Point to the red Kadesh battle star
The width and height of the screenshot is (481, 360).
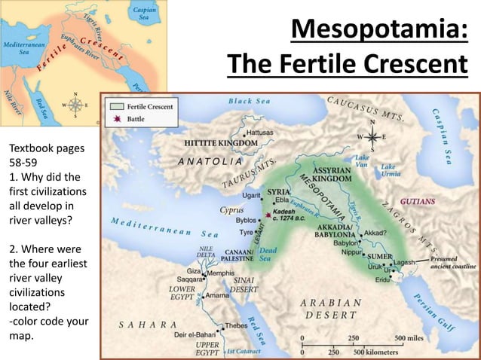[x=268, y=215]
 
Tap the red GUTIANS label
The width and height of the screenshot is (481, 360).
[x=416, y=203]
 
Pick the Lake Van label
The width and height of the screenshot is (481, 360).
[x=362, y=161]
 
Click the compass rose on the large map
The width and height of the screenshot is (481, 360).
[x=370, y=137]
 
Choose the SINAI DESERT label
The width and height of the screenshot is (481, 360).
[x=244, y=283]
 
